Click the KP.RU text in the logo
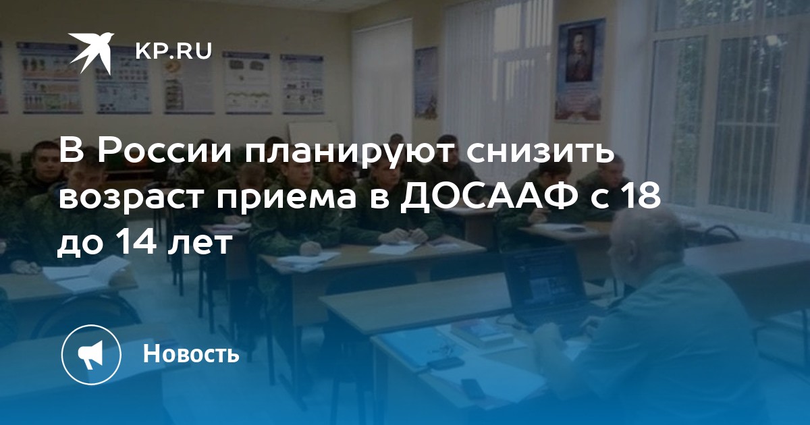pos(173,51)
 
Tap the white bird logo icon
pos(91,53)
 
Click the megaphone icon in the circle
pos(90,353)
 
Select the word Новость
pos(191,353)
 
